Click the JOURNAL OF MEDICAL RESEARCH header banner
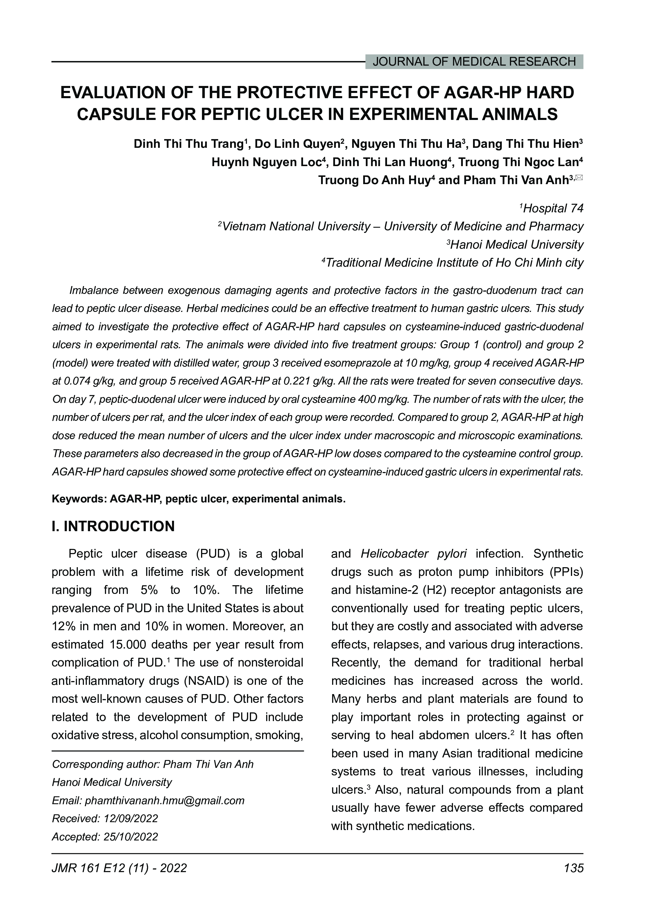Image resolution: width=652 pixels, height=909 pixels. pyautogui.click(x=474, y=62)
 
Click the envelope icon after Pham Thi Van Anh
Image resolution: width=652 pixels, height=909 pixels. pyautogui.click(x=579, y=177)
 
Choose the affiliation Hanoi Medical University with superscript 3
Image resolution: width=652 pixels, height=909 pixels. pyautogui.click(x=517, y=245)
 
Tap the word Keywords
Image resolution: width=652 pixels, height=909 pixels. pyautogui.click(x=78, y=499)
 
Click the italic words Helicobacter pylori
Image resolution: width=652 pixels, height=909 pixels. pyautogui.click(x=413, y=554)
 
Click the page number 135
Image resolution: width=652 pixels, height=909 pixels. pyautogui.click(x=574, y=868)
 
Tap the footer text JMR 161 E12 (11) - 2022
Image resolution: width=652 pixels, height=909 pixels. pyautogui.click(x=119, y=868)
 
